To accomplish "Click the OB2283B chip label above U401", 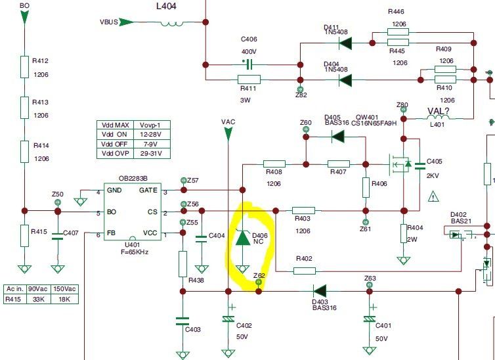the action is click(x=133, y=179).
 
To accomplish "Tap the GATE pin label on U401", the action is click(x=148, y=190).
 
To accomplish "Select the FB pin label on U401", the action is click(x=111, y=233).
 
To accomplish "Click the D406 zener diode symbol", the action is click(x=242, y=237).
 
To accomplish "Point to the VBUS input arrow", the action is click(x=126, y=22).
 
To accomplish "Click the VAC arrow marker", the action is click(x=228, y=133).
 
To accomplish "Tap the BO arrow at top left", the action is click(x=24, y=16).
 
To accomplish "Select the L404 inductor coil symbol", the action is click(x=172, y=24).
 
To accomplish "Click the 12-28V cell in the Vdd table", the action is click(x=150, y=135).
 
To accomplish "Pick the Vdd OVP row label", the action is click(x=115, y=154).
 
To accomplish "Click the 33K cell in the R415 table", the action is click(x=39, y=299).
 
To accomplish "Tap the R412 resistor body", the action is click(x=25, y=67).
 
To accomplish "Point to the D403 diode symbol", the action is click(x=320, y=291).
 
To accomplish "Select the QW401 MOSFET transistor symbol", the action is click(x=400, y=164).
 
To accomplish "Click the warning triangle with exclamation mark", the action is click(x=434, y=197).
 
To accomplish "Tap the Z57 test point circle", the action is click(x=184, y=180).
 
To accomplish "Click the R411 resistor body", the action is click(x=249, y=79).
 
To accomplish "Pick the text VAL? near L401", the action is click(x=438, y=111).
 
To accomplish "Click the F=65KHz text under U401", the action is click(x=135, y=252).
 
